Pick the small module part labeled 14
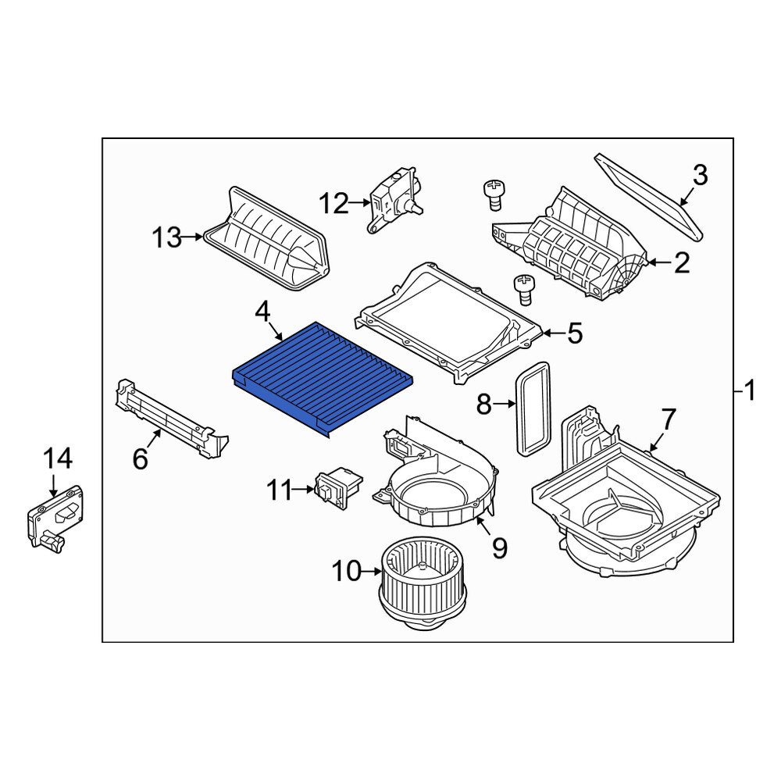tap(56, 517)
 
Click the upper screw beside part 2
tap(493, 191)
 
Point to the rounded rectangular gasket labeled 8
tap(533, 408)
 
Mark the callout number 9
tap(499, 548)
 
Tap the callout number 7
tap(669, 419)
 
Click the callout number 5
tap(574, 334)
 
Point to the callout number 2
tap(682, 263)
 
